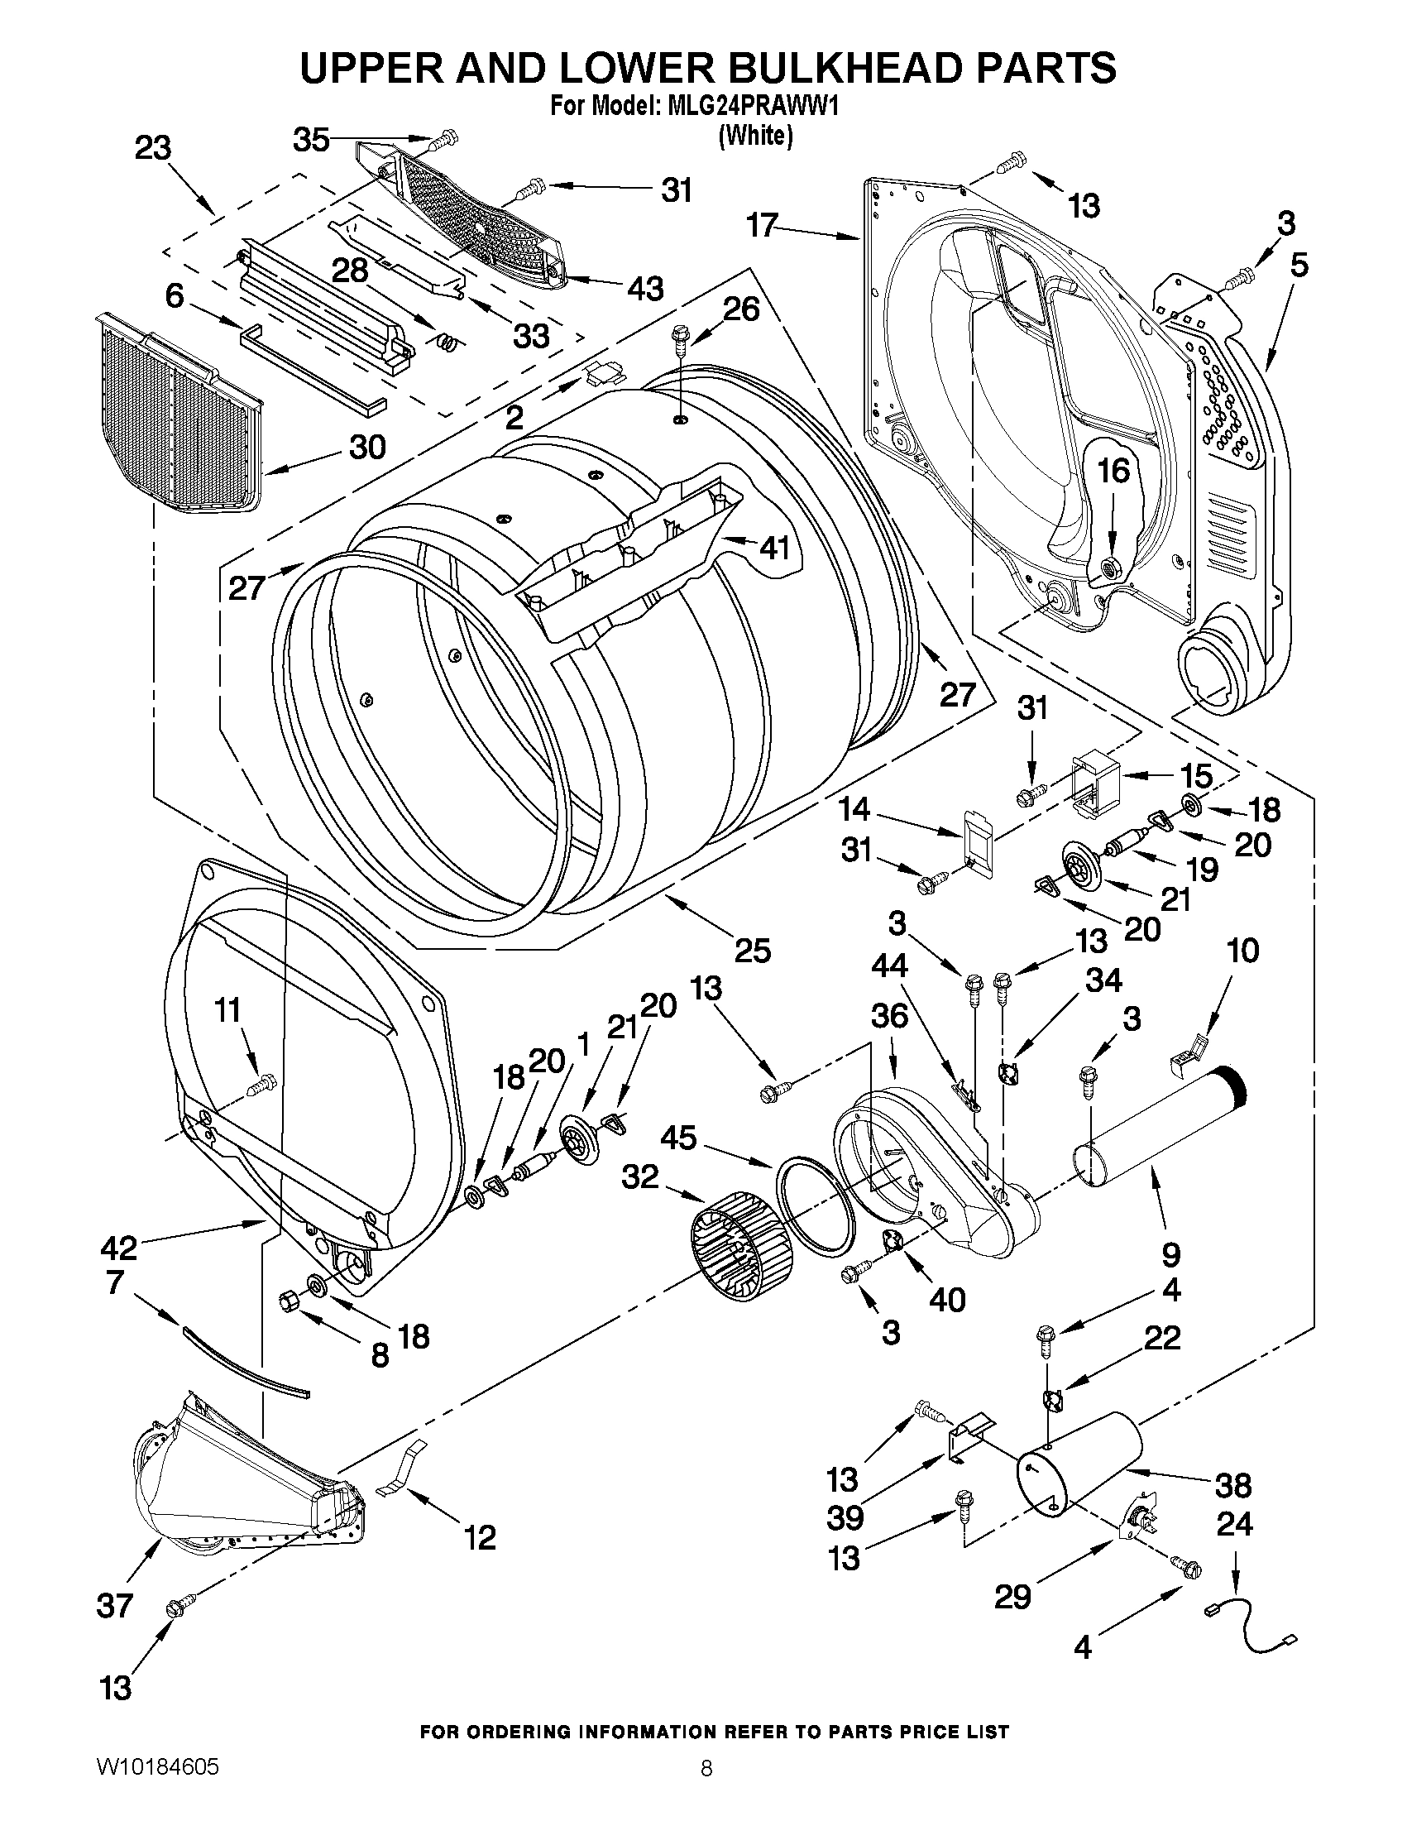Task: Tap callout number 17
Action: [763, 224]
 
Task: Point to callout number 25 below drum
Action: [753, 950]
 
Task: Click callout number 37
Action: [114, 1605]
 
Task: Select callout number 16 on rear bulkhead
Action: [1113, 470]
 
